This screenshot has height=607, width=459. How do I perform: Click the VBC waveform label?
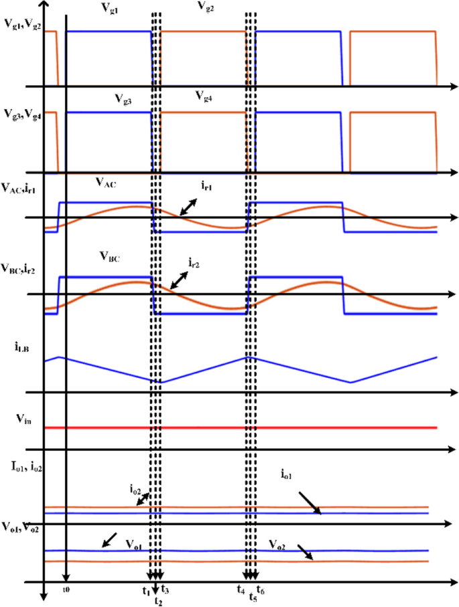click(109, 257)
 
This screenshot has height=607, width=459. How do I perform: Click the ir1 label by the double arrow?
click(204, 186)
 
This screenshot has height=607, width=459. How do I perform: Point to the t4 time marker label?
click(241, 590)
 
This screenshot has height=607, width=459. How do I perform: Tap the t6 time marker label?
click(261, 590)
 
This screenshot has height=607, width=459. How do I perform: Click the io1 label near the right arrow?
click(289, 474)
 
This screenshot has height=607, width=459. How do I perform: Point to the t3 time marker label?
click(165, 590)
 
